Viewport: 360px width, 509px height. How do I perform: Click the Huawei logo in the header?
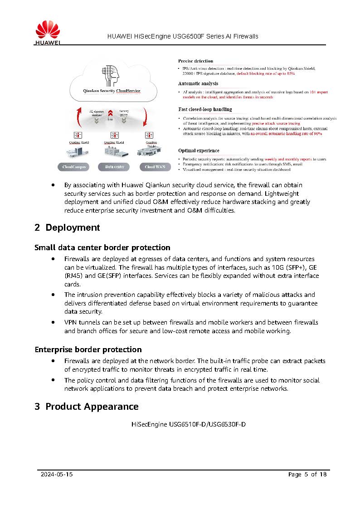(x=48, y=33)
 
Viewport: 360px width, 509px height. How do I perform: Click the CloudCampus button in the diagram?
(x=75, y=167)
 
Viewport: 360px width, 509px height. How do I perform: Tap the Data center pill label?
(x=114, y=167)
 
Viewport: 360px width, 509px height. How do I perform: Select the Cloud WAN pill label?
(x=155, y=167)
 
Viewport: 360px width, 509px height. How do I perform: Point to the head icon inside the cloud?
(x=112, y=75)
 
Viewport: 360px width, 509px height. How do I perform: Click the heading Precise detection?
(x=195, y=61)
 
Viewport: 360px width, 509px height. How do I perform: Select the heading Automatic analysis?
(x=198, y=83)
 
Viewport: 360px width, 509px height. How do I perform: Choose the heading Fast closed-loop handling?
(x=204, y=109)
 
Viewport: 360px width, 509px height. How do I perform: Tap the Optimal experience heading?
(x=199, y=150)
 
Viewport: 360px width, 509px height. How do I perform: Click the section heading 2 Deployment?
(x=67, y=228)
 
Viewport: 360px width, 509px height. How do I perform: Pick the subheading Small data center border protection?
(x=102, y=247)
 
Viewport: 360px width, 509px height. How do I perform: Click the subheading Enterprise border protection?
(x=88, y=349)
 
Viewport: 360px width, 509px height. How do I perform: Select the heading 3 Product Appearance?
(x=86, y=407)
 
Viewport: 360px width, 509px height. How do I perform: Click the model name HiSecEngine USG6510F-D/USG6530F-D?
(x=188, y=425)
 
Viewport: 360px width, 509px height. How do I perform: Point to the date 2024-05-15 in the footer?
(x=57, y=475)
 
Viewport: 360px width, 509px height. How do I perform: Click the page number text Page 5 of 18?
(x=307, y=475)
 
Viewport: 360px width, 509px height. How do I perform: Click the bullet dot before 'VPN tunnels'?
(x=54, y=322)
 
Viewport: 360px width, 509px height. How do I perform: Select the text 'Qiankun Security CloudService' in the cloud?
(x=112, y=91)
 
